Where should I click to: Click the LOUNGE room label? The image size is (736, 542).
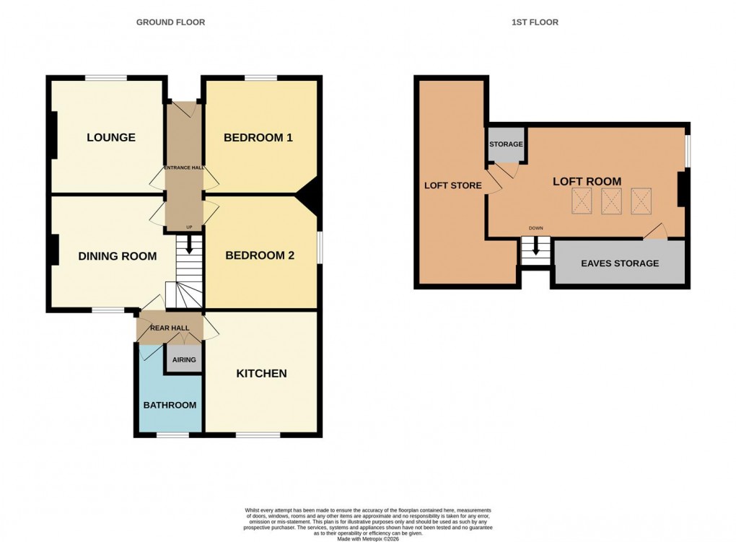pos(111,137)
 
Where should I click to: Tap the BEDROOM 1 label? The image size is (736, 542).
pos(258,137)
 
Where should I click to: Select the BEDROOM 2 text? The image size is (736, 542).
pos(260,255)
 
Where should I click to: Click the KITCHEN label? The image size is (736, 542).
pos(262,373)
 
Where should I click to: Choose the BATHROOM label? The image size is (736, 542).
pos(170,405)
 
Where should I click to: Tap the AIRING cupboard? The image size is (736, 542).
pos(184,359)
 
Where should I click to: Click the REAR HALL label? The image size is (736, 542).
pos(170,328)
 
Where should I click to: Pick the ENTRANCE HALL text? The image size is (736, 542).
pos(185,167)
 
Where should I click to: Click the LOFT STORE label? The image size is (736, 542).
pos(452,185)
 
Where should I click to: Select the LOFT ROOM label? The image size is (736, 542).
pos(587,181)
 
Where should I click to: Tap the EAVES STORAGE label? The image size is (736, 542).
pos(620,263)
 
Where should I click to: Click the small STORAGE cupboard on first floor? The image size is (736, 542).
pos(506,145)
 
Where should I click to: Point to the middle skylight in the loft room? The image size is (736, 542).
pos(611,200)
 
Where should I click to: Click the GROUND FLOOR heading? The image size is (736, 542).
pos(171,22)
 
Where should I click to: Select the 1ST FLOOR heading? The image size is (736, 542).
pos(535,22)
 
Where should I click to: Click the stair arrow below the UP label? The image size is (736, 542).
pos(190,246)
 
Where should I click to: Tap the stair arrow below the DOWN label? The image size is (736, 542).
pos(535,247)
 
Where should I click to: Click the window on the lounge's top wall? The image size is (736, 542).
pos(106,78)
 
